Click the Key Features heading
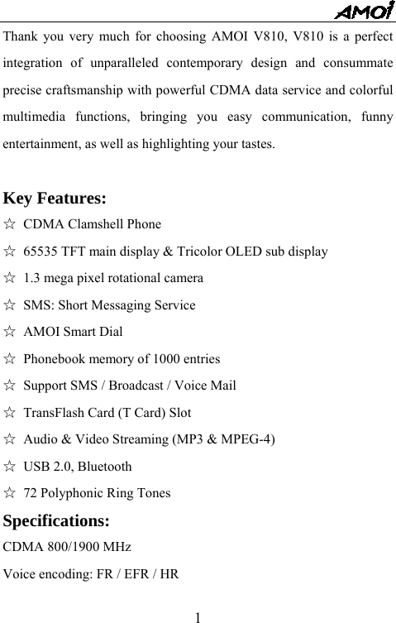pyautogui.click(x=55, y=199)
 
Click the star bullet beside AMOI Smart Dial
pyautogui.click(x=10, y=333)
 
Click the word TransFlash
pyautogui.click(x=55, y=413)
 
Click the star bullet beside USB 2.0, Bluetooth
pyautogui.click(x=10, y=467)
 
